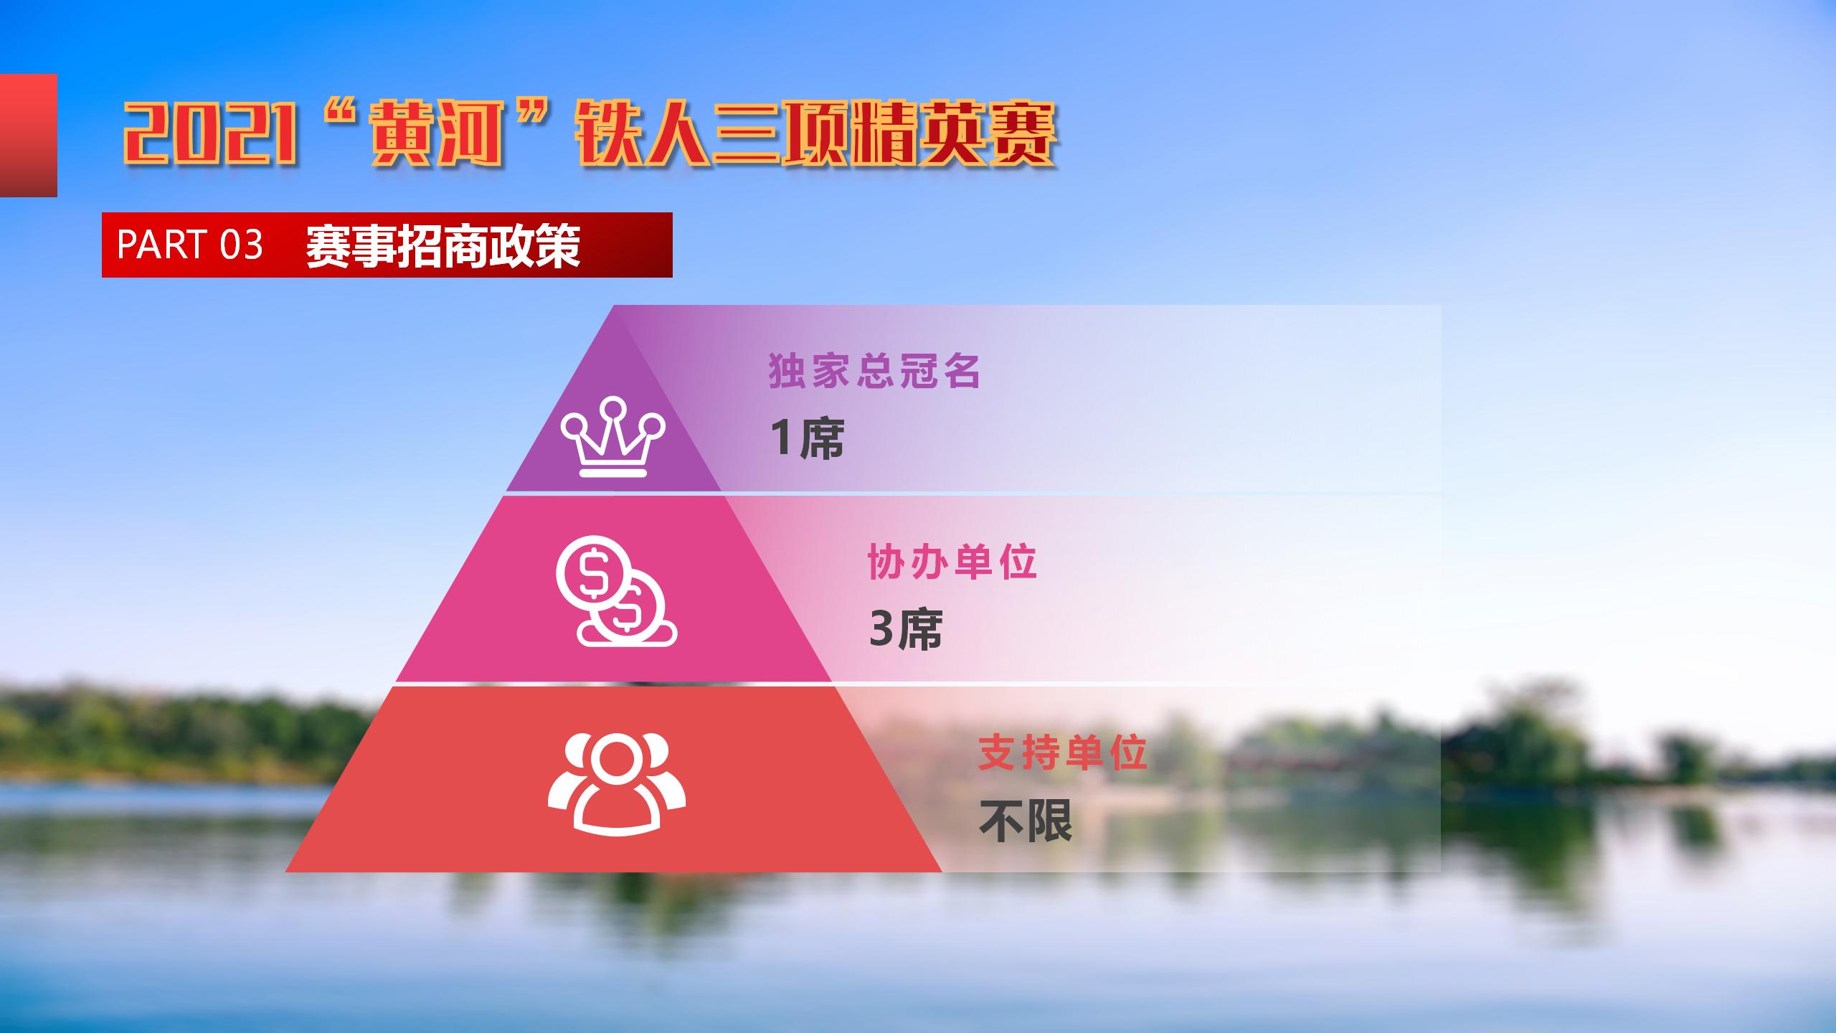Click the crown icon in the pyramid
point(614,437)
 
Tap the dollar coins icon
point(616,590)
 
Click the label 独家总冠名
point(874,371)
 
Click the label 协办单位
point(952,562)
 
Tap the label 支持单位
point(1064,753)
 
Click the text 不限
point(1026,821)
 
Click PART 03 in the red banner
point(190,245)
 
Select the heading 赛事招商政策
point(443,245)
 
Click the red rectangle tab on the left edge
point(29,135)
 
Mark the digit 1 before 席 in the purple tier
point(782,438)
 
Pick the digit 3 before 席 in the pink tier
point(881,629)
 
